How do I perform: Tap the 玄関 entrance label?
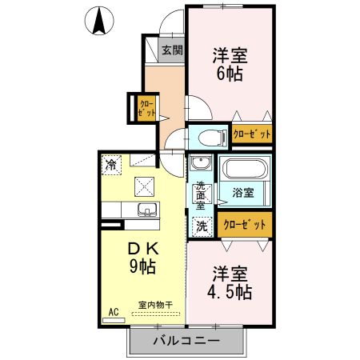171,50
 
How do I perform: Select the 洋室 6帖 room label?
230,63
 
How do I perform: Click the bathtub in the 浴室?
245,170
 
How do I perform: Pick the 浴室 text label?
243,193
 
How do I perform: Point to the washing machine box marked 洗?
202,226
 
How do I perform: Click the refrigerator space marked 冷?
110,165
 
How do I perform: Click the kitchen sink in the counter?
147,210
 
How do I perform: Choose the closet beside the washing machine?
244,225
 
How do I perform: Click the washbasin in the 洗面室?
202,166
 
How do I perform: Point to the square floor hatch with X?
145,186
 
